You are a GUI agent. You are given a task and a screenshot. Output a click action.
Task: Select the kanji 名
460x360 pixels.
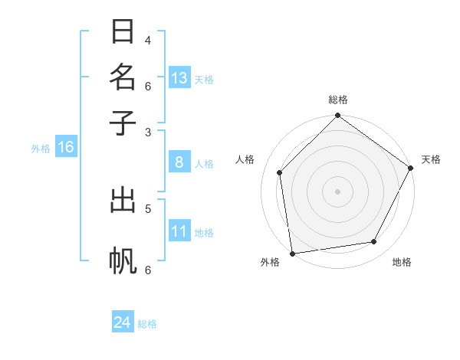(x=123, y=77)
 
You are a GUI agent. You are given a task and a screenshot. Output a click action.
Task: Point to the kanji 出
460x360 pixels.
(x=123, y=201)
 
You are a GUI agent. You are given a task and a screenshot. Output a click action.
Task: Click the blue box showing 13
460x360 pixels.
(x=179, y=78)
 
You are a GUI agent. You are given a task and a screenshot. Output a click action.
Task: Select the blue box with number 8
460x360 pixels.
(x=179, y=162)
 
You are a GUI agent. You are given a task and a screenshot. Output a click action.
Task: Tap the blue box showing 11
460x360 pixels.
(x=179, y=231)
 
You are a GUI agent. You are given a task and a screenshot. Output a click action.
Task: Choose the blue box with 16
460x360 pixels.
(x=66, y=147)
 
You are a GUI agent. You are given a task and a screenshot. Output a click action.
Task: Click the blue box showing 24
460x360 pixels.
(x=123, y=322)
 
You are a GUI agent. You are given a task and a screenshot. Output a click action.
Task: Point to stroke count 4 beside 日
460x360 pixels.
(x=148, y=40)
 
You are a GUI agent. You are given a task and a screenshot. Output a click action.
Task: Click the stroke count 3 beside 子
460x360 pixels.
(x=148, y=132)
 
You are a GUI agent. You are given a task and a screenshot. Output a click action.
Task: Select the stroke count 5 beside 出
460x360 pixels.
(x=148, y=208)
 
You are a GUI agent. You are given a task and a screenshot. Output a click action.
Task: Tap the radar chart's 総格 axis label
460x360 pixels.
(x=337, y=100)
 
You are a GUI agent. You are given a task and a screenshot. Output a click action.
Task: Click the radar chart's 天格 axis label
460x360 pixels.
(x=431, y=159)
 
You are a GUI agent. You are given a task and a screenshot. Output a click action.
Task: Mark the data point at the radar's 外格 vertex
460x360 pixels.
(x=292, y=253)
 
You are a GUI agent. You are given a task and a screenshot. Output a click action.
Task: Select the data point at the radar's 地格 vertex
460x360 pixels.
(x=374, y=242)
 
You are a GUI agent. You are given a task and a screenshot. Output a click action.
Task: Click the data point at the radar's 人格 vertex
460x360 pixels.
(x=280, y=172)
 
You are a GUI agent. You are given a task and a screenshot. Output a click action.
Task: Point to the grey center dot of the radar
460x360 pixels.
(x=337, y=191)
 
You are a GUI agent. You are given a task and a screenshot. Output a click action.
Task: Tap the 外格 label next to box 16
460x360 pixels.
(x=41, y=149)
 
